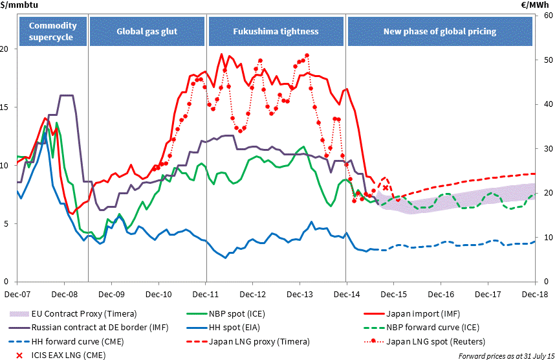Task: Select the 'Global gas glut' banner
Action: point(147,30)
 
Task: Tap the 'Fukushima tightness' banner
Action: point(276,30)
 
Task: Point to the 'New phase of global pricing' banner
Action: point(440,30)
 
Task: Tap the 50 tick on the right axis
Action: point(547,60)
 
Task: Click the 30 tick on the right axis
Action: point(547,149)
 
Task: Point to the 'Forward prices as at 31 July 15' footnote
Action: point(503,355)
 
